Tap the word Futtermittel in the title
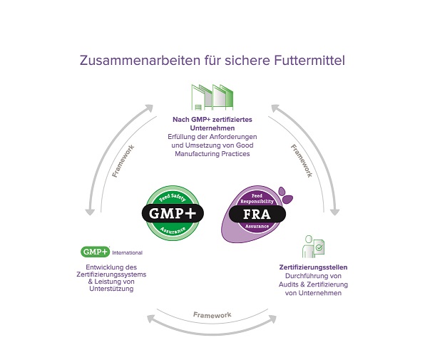coord(309,61)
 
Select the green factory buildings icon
coord(212,98)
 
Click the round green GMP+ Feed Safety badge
coord(173,213)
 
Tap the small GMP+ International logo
coord(111,252)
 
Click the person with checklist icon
coord(313,247)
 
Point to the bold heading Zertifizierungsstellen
coord(313,267)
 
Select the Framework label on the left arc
coord(123,161)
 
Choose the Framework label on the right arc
coord(302,160)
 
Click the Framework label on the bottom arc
coord(212,315)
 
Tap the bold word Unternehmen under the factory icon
coord(212,128)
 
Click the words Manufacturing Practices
coord(212,154)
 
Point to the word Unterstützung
coord(111,289)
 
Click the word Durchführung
coord(313,276)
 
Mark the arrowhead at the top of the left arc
coord(148,108)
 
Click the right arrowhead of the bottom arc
coord(272,319)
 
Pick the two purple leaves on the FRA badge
coord(285,195)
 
